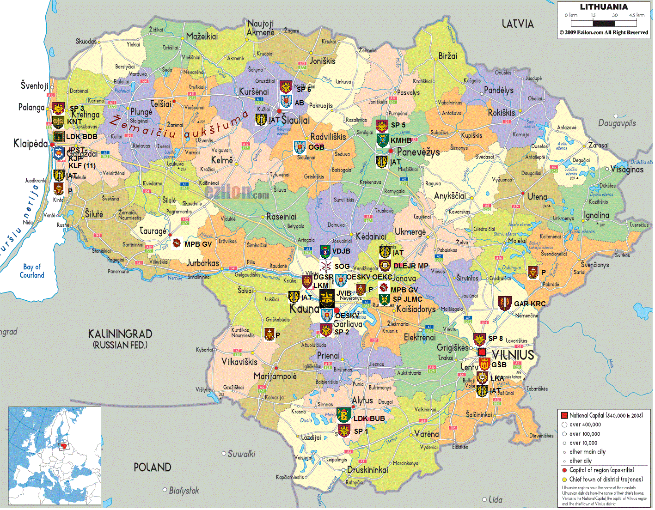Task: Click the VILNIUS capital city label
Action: (x=513, y=355)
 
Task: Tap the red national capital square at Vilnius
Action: (x=482, y=352)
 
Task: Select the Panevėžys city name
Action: (x=418, y=152)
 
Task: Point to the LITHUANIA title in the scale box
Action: (x=604, y=7)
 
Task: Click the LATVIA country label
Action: (x=518, y=24)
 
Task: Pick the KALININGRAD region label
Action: (x=120, y=334)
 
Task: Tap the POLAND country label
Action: (x=152, y=467)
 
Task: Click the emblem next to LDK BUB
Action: (x=343, y=415)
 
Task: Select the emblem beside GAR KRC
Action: (x=504, y=303)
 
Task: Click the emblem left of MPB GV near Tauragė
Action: (x=177, y=243)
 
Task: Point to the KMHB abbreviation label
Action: (x=401, y=140)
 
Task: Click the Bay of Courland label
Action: (x=32, y=271)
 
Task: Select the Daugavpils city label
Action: (x=617, y=123)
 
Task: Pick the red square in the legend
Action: (x=564, y=415)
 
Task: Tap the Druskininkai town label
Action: (x=367, y=470)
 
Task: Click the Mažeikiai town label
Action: (x=202, y=36)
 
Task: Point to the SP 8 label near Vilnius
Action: (x=496, y=338)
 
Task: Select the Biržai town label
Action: (x=447, y=56)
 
